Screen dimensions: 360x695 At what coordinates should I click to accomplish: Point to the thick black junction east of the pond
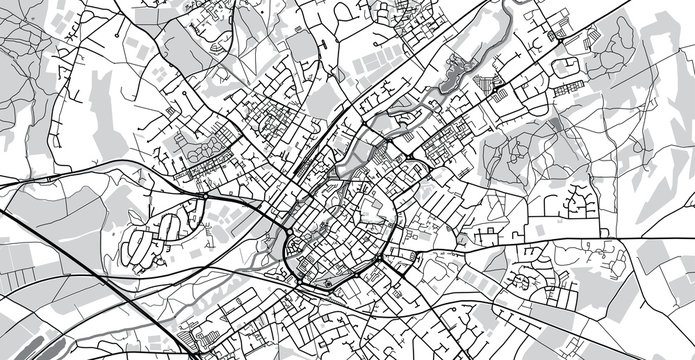click(497, 91)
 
